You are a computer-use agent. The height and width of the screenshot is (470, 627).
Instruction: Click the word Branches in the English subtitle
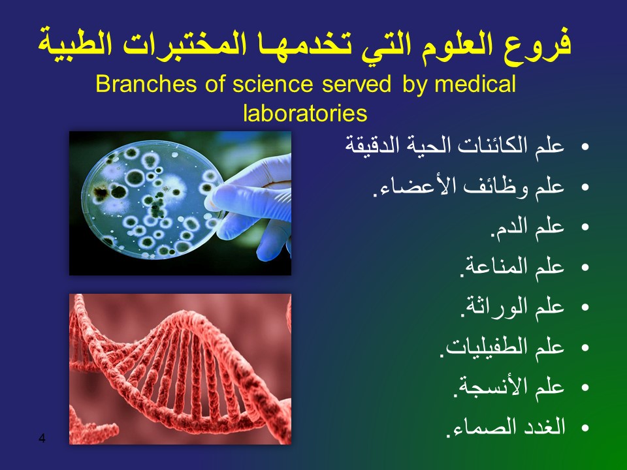(x=146, y=84)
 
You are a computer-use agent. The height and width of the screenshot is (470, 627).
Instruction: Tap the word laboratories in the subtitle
(x=305, y=113)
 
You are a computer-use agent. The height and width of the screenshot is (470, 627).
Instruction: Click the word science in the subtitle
(x=273, y=84)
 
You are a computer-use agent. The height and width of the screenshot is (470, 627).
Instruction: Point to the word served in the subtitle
(x=357, y=84)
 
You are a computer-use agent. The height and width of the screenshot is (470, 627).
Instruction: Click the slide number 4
(x=42, y=438)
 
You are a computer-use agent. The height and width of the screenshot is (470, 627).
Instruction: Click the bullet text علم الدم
(x=528, y=227)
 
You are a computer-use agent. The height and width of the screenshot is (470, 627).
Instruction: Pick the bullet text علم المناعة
(x=512, y=266)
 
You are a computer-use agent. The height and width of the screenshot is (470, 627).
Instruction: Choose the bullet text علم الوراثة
(x=512, y=307)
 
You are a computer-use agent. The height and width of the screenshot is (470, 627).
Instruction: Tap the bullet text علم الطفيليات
(x=502, y=347)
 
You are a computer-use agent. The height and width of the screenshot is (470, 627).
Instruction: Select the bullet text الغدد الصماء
(x=506, y=426)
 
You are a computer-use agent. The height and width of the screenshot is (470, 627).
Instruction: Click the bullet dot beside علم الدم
(x=585, y=227)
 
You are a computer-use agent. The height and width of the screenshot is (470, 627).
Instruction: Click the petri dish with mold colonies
(x=152, y=199)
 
